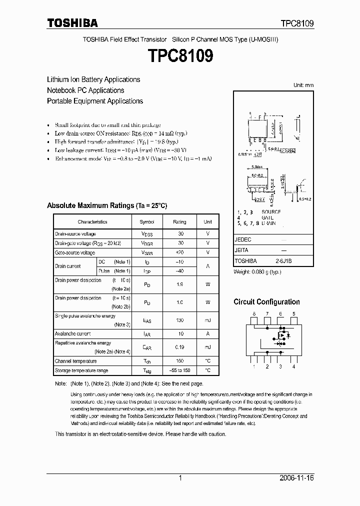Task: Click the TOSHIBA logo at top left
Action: pos(72,23)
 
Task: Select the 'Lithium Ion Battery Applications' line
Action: pos(93,79)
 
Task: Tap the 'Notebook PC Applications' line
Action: pos(85,90)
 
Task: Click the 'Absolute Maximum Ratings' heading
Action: pos(107,205)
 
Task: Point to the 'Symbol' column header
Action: pos(147,222)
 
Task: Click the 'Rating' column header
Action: pos(179,222)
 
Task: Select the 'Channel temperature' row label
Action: pos(75,361)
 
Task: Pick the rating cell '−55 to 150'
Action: pos(179,371)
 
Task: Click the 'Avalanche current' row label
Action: pos(72,333)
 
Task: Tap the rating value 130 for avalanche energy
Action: pos(179,320)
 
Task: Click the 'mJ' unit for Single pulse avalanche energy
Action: pos(207,320)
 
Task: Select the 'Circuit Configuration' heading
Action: pos(266,302)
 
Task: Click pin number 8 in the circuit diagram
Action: pos(254,314)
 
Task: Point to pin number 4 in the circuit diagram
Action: pos(293,367)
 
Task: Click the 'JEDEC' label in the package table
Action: pos(242,239)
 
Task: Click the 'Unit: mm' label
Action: pos(303,85)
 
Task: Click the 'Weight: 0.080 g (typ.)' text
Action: pos(257,272)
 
